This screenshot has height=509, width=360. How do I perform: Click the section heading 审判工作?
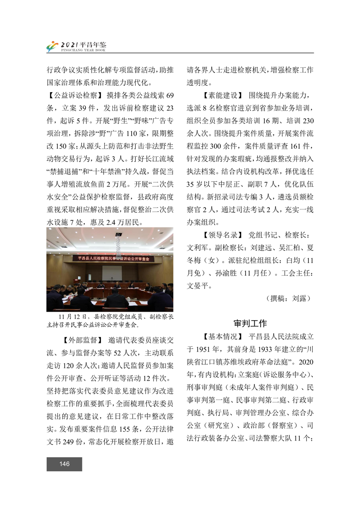pos(250,323)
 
